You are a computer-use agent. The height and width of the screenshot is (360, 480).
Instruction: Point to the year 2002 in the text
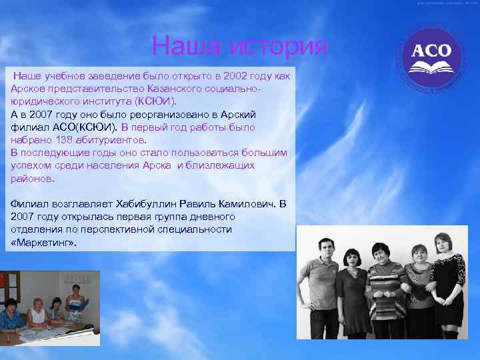pos(233,77)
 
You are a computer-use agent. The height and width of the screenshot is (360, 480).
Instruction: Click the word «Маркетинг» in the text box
pos(44,243)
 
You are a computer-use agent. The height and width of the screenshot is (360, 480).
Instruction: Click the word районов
pos(33,178)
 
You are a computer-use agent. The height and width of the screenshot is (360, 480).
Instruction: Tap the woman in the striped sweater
pos(385,293)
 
